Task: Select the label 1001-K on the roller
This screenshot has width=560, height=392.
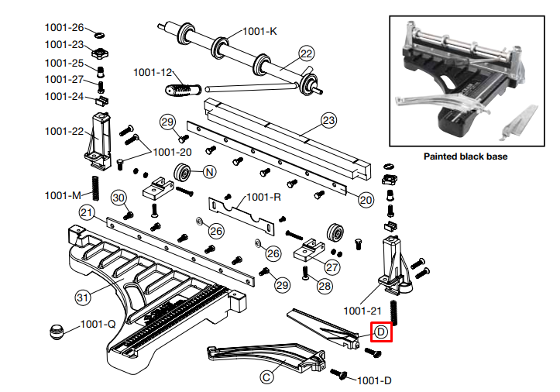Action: point(259,32)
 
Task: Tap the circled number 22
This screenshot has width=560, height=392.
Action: point(307,54)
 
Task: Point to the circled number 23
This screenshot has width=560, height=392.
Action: point(329,121)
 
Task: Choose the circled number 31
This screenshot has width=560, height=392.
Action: point(83,296)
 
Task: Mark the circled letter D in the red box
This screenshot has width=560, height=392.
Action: point(381,332)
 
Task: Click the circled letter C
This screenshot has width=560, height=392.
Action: point(266,377)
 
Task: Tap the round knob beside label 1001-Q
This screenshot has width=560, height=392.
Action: point(56,332)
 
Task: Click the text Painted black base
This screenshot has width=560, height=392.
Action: point(465,156)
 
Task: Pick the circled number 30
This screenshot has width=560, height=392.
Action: point(118,198)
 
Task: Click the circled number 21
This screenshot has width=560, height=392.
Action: point(87,213)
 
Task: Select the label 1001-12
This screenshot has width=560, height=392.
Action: point(153,72)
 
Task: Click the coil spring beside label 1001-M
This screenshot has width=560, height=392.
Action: point(98,187)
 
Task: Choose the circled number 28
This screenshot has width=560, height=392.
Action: point(325,286)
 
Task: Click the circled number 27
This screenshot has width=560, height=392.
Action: point(332,267)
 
